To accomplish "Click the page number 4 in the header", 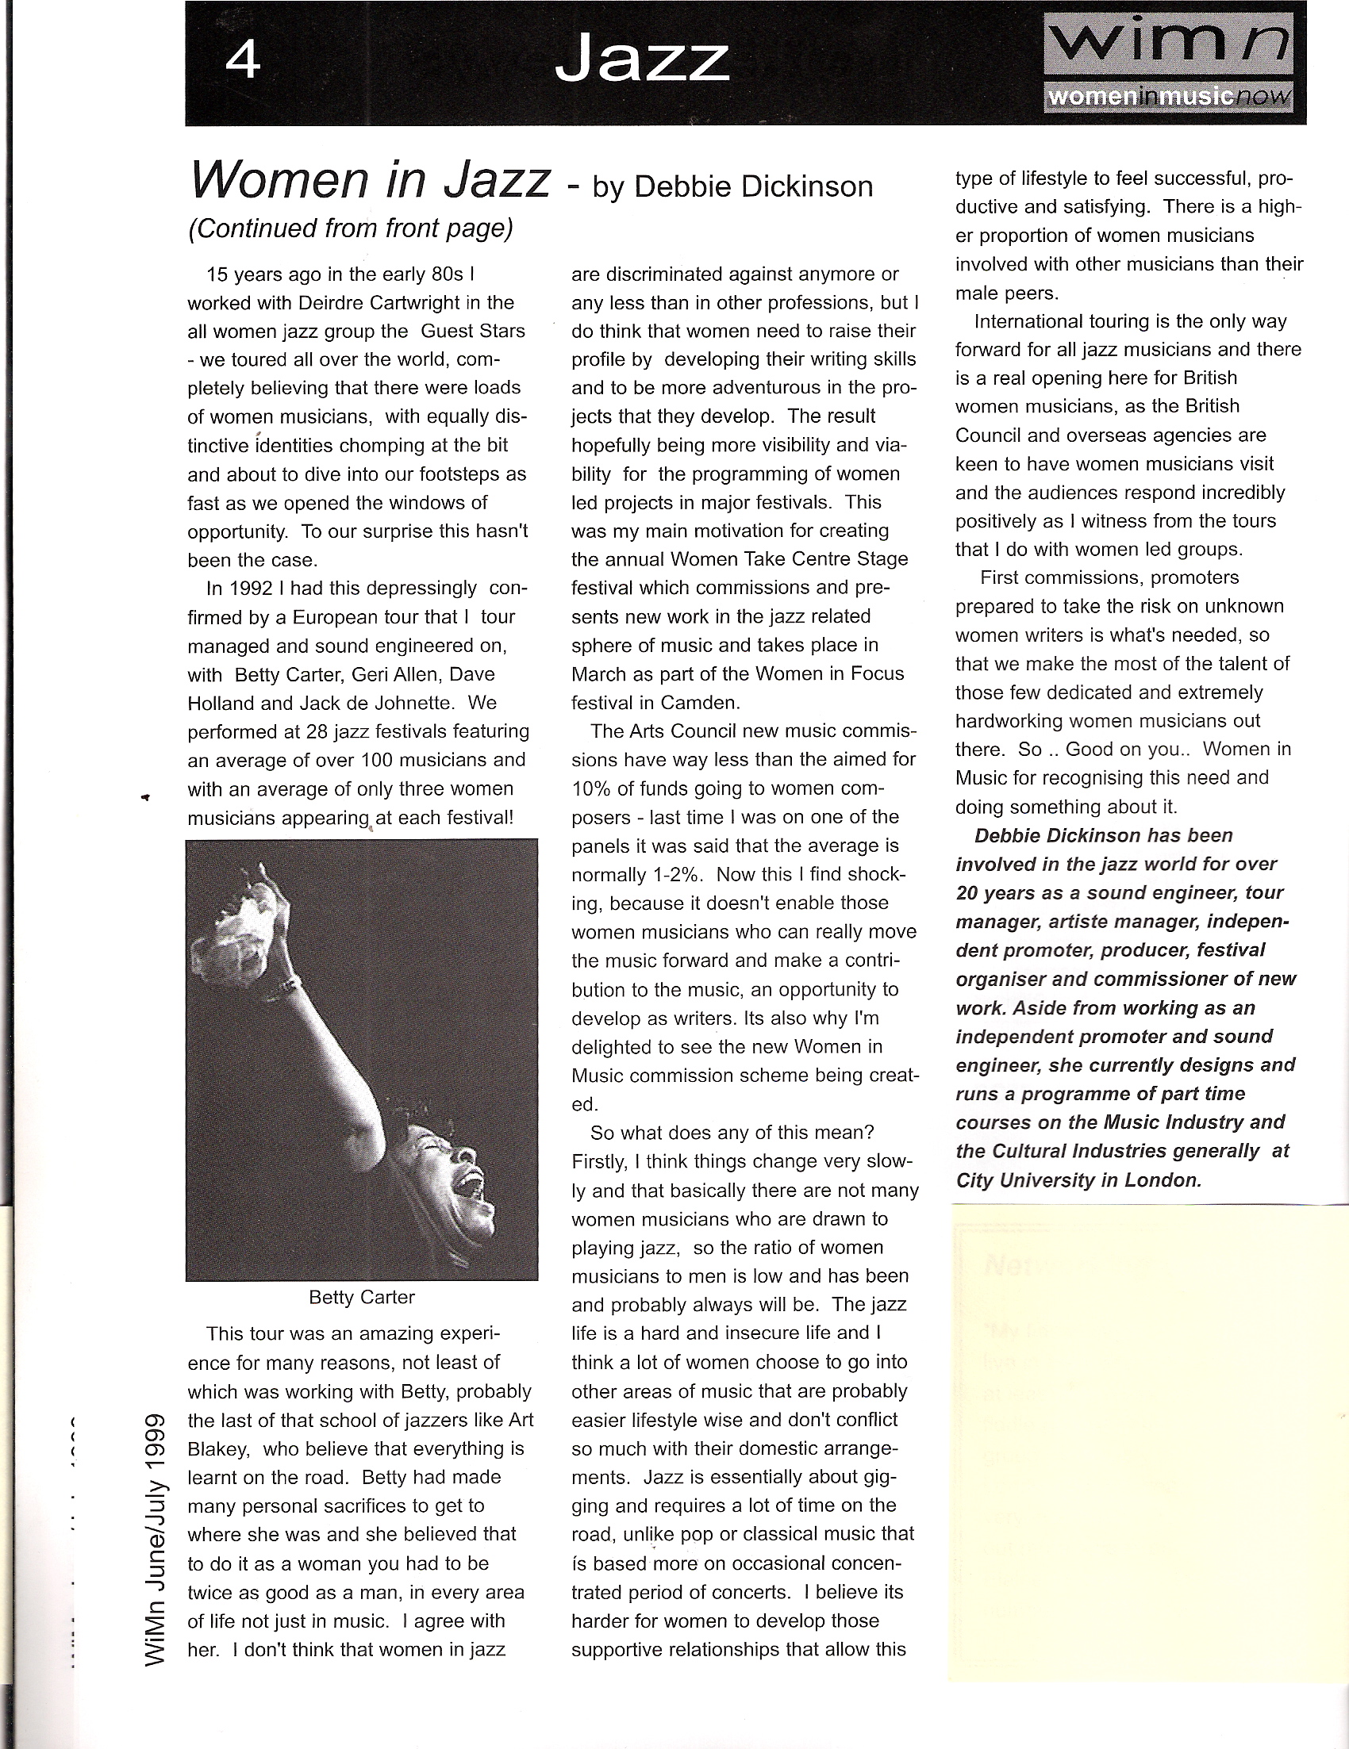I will coord(244,60).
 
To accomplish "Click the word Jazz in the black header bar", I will coord(642,62).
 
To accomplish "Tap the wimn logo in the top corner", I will coord(1168,63).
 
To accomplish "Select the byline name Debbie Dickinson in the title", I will coord(753,186).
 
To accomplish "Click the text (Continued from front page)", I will coord(350,228).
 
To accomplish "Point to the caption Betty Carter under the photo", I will coord(361,1297).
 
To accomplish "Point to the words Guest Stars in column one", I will coord(473,332).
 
